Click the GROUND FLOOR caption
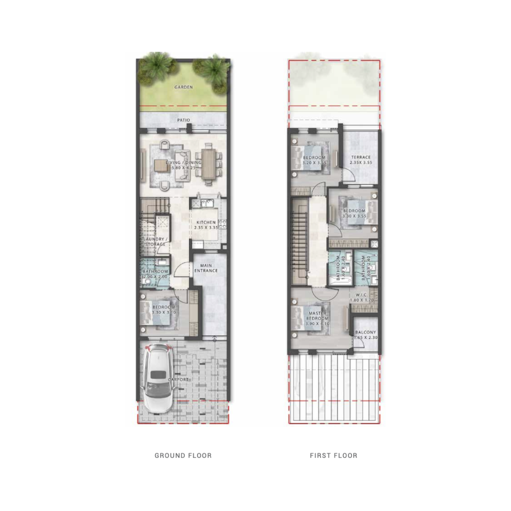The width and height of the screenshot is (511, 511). pyautogui.click(x=183, y=455)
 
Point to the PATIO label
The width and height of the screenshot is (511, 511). pyautogui.click(x=183, y=119)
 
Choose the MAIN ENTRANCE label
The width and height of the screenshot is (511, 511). pyautogui.click(x=206, y=268)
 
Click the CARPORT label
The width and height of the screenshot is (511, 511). pyautogui.click(x=178, y=379)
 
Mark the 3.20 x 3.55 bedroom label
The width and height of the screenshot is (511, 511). pyautogui.click(x=314, y=160)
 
